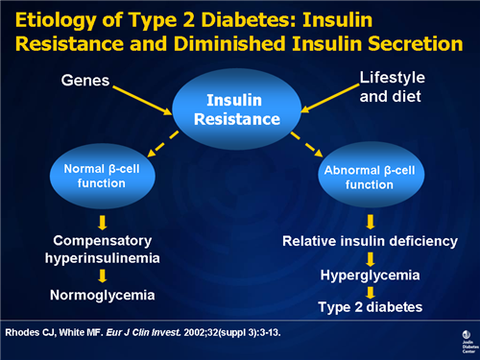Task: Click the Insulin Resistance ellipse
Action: click(240, 109)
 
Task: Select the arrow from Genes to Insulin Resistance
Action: click(144, 98)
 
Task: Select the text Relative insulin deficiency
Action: click(370, 241)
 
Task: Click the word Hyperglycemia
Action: click(370, 275)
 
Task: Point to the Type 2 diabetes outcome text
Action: click(370, 307)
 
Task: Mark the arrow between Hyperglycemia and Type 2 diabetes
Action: click(370, 291)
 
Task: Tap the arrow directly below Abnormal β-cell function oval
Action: click(370, 221)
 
